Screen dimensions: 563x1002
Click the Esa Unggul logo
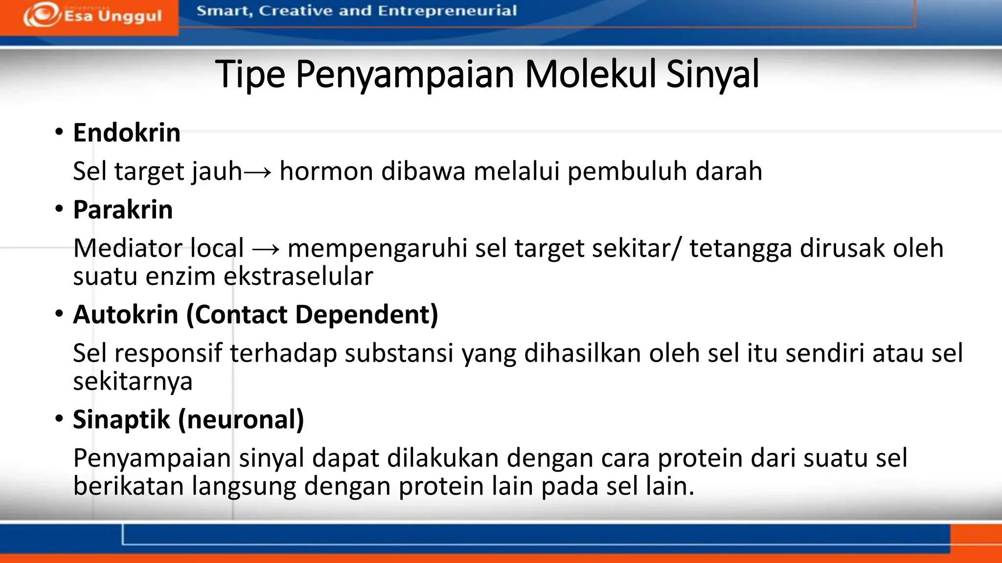pos(92,16)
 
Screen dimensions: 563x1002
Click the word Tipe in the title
pos(250,74)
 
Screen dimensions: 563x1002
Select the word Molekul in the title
pos(591,74)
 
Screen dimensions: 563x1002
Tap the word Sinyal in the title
pos(712,74)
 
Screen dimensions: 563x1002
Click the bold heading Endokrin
pos(127,132)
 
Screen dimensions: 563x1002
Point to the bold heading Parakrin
pos(123,210)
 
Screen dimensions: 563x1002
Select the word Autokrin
pos(126,314)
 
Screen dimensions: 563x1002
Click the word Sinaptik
pos(121,419)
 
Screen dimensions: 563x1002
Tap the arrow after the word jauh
pos(257,172)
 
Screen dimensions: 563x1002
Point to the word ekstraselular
pos(298,276)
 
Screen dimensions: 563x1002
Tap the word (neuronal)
pos(241,419)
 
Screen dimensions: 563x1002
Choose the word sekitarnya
pos(133,381)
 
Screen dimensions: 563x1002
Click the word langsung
pos(244,486)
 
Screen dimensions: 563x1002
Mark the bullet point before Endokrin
pos(59,132)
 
